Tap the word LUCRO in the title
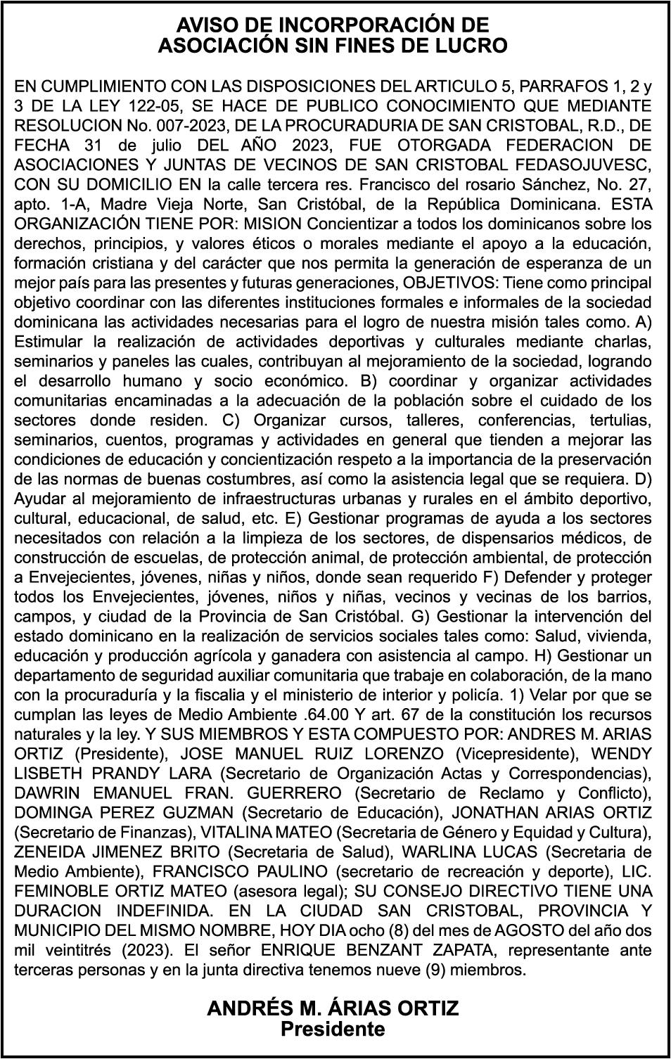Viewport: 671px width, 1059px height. (473, 46)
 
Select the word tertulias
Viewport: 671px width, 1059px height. (613, 421)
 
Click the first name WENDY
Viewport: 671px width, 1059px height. (622, 754)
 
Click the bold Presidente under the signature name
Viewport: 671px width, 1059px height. (333, 1029)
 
